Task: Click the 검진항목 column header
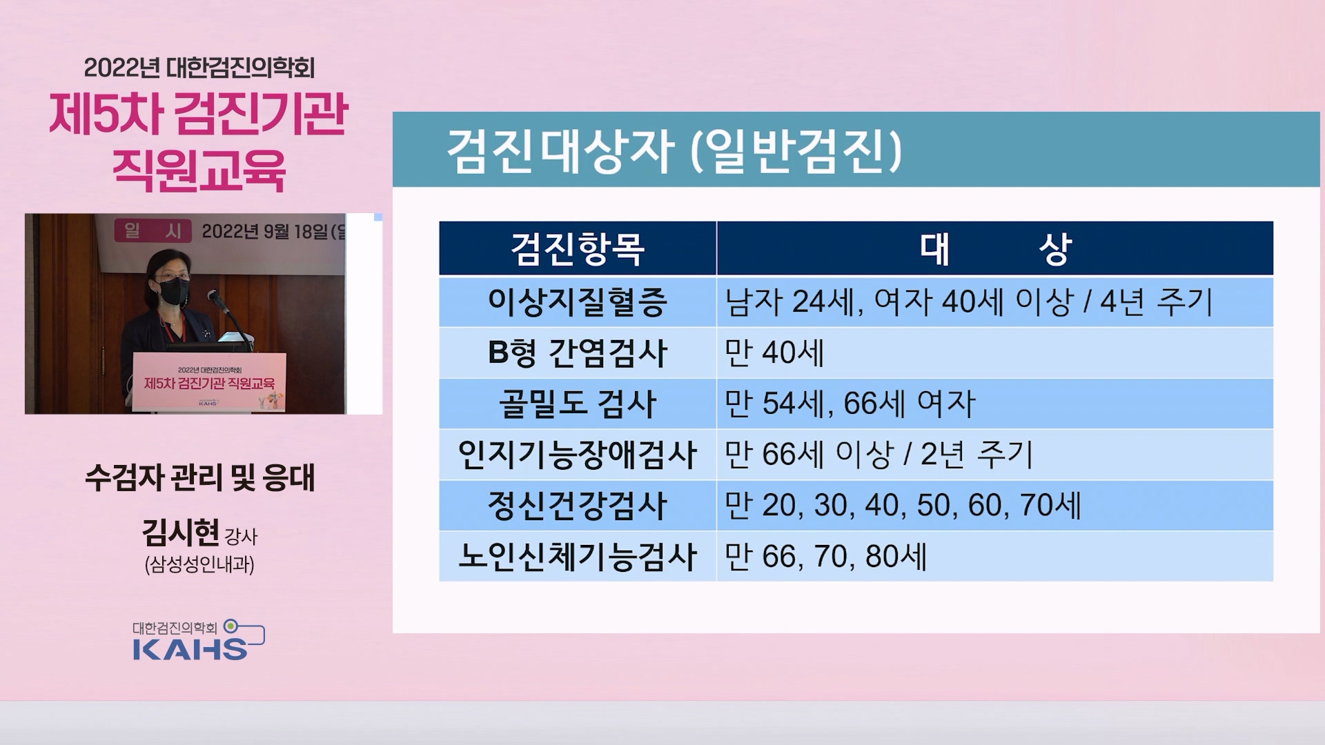(x=578, y=249)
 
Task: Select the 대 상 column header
(x=994, y=249)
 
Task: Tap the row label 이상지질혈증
(x=578, y=301)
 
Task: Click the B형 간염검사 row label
(x=578, y=352)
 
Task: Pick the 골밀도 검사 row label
(x=578, y=404)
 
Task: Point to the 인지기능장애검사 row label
(x=578, y=455)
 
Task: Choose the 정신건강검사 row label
(x=578, y=506)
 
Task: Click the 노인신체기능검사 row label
(x=578, y=557)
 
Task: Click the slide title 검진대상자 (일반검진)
(x=674, y=150)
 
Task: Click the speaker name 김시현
(x=180, y=532)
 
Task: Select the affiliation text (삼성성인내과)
(x=199, y=565)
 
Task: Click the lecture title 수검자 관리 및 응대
(x=199, y=477)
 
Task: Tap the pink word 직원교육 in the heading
(x=199, y=170)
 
